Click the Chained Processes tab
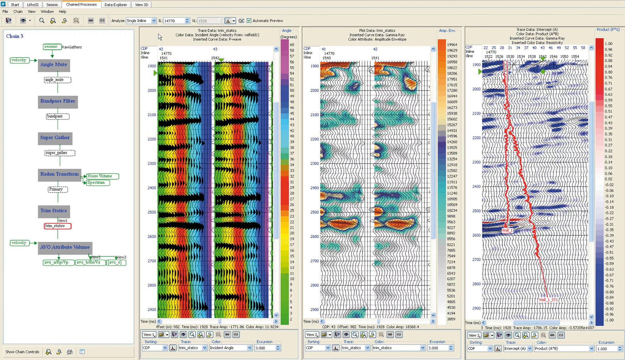81,5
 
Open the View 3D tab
141,5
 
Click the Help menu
63,12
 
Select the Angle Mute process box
54,65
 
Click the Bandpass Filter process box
58,101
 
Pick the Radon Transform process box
59,174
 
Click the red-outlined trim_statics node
57,226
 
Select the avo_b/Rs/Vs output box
89,262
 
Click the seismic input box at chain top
51,47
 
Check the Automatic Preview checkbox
249,21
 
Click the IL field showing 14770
174,21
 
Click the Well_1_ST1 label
548,300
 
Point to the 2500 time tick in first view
152,212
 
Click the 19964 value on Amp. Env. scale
452,45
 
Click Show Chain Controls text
22,352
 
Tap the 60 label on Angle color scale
292,45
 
